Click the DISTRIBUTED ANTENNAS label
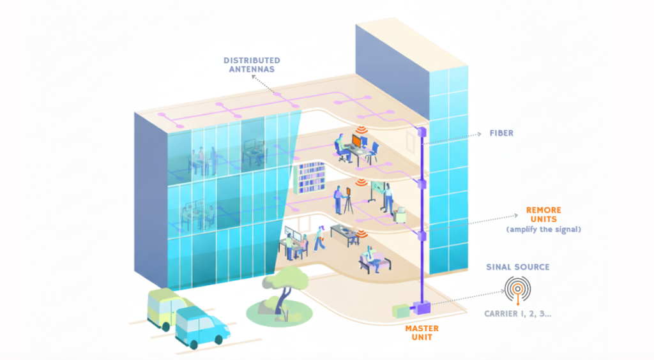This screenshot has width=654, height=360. tap(252, 64)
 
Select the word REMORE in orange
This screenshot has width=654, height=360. tap(543, 209)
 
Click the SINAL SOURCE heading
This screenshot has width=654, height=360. tap(518, 266)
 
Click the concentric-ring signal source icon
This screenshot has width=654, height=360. tap(518, 290)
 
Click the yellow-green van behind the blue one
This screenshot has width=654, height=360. tap(163, 306)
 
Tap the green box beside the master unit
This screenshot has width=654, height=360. tap(400, 311)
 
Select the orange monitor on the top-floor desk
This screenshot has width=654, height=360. tap(356, 142)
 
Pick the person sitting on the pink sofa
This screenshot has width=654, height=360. tap(369, 258)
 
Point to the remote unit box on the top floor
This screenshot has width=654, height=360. tap(422, 131)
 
